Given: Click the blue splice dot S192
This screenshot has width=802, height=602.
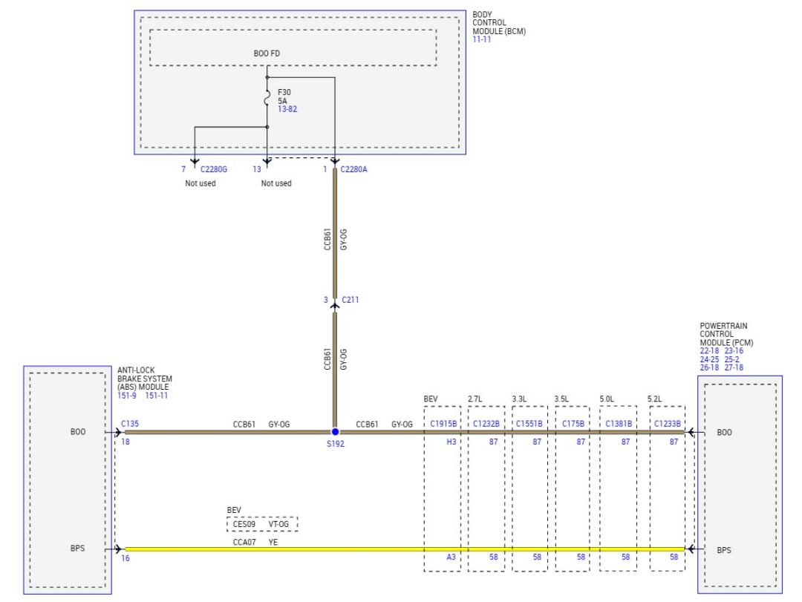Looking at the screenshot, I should [335, 431].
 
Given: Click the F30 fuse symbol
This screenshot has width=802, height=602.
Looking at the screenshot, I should [267, 98].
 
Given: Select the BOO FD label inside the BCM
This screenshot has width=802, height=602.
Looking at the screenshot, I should [267, 53].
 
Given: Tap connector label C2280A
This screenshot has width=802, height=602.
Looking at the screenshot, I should [354, 169].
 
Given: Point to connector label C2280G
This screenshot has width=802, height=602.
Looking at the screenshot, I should [214, 169].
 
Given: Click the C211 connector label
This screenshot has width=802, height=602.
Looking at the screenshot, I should [351, 300].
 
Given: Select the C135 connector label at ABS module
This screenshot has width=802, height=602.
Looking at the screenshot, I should [130, 425].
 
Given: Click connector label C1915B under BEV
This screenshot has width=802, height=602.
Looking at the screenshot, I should [444, 424].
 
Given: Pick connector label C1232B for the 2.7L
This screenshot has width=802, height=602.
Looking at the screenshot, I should [486, 424].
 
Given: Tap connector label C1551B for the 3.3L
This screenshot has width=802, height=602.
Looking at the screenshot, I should [529, 424].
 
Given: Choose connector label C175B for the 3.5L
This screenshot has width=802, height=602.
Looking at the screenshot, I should [572, 424].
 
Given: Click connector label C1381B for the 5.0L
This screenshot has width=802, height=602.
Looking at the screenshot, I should [618, 424].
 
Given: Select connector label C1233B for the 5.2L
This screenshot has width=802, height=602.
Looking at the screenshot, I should [667, 424].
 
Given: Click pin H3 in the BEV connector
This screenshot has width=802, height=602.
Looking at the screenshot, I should [451, 442].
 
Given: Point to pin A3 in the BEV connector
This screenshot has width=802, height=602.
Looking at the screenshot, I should [451, 557].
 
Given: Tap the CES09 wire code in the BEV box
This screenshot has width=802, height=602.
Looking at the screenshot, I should [244, 524].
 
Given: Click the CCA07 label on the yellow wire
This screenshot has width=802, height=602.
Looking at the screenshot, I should [244, 542].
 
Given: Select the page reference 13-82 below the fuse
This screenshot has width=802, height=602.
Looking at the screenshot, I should [287, 109].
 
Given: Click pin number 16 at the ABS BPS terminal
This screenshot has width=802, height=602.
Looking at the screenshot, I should [125, 558].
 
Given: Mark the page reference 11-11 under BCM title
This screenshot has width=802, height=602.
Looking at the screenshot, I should [482, 39].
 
